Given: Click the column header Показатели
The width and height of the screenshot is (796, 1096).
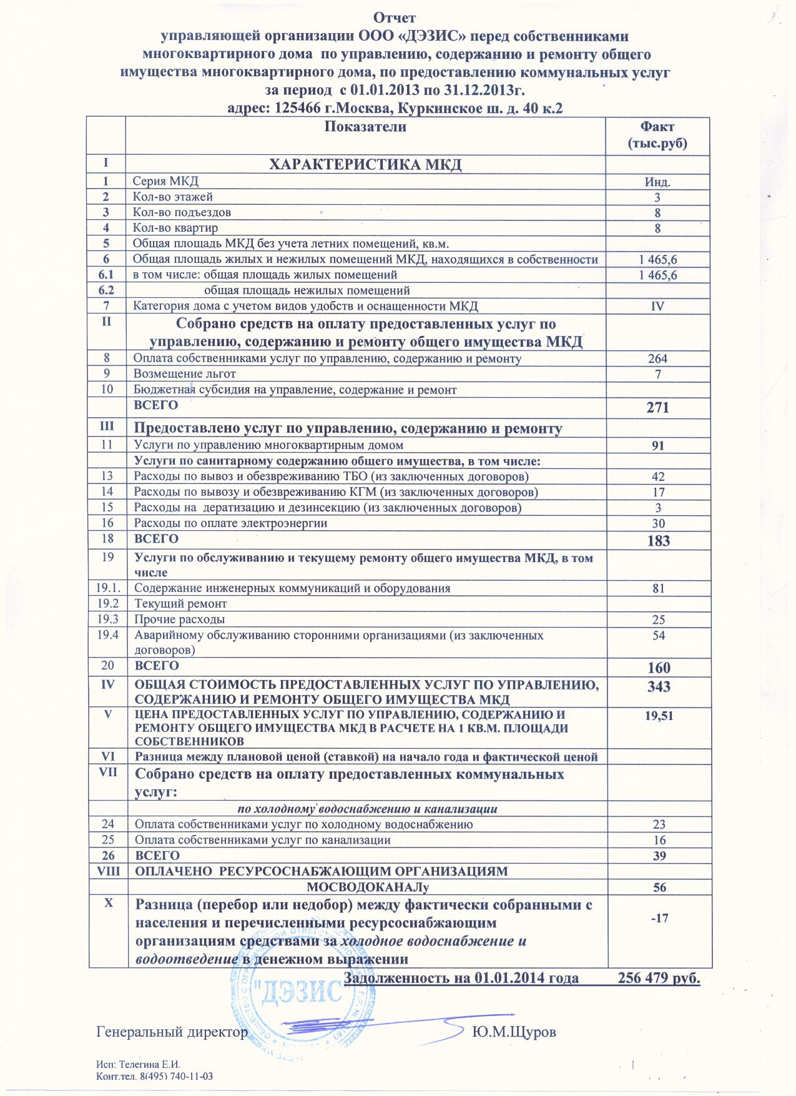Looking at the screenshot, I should pos(366,127).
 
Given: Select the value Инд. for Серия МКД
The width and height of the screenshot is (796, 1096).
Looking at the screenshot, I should pos(657,182).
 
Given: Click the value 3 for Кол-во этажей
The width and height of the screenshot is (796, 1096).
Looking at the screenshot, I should pos(657,198).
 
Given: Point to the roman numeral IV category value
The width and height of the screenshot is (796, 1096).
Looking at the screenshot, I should pos(657,306).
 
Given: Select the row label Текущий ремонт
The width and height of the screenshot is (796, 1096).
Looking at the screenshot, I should pos(180,604).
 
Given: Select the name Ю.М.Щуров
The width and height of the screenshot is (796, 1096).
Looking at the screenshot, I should pos(514,1032).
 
